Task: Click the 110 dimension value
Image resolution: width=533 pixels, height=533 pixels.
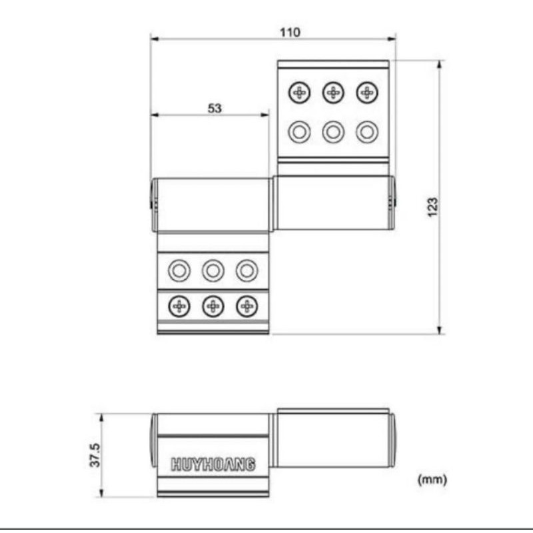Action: [290, 33]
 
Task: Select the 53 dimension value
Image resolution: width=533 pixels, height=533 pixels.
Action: [215, 109]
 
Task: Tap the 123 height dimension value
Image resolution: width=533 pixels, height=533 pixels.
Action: [432, 207]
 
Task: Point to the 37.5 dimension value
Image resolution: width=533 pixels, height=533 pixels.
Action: [95, 455]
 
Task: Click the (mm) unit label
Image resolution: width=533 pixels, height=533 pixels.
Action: [432, 480]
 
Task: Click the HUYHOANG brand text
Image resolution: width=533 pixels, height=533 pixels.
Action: [213, 464]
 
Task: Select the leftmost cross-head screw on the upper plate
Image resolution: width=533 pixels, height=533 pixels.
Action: [299, 93]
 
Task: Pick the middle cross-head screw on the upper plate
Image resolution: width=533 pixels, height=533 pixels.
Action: [333, 93]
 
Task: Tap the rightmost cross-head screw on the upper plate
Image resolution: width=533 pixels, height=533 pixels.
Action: [367, 93]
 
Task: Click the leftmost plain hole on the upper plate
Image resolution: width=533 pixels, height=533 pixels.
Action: [299, 132]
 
